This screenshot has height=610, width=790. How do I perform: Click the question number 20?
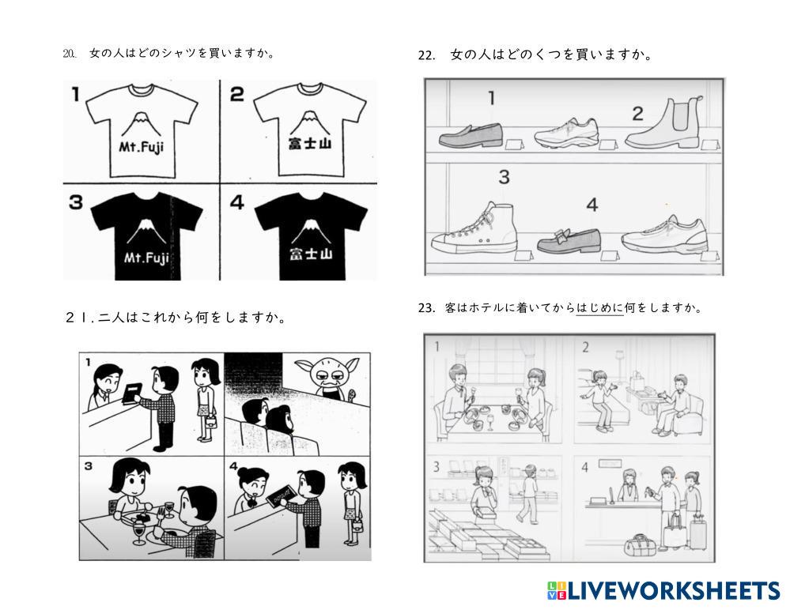pyautogui.click(x=70, y=54)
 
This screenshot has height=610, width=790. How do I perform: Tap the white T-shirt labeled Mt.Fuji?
pyautogui.click(x=142, y=130)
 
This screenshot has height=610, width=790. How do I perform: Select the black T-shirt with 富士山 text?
pyautogui.click(x=311, y=236)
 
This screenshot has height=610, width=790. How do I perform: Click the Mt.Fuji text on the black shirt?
pyautogui.click(x=146, y=258)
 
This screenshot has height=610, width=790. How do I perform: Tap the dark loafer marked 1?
pyautogui.click(x=471, y=135)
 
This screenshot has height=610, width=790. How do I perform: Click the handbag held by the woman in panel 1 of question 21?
pyautogui.click(x=211, y=420)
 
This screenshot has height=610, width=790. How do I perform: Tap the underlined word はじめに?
pyautogui.click(x=599, y=308)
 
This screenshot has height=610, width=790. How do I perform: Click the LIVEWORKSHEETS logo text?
pyautogui.click(x=674, y=590)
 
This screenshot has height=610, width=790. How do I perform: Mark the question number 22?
pyautogui.click(x=426, y=55)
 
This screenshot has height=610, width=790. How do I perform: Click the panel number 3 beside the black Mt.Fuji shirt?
pyautogui.click(x=76, y=202)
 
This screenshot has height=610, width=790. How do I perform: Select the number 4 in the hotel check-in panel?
pyautogui.click(x=584, y=468)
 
